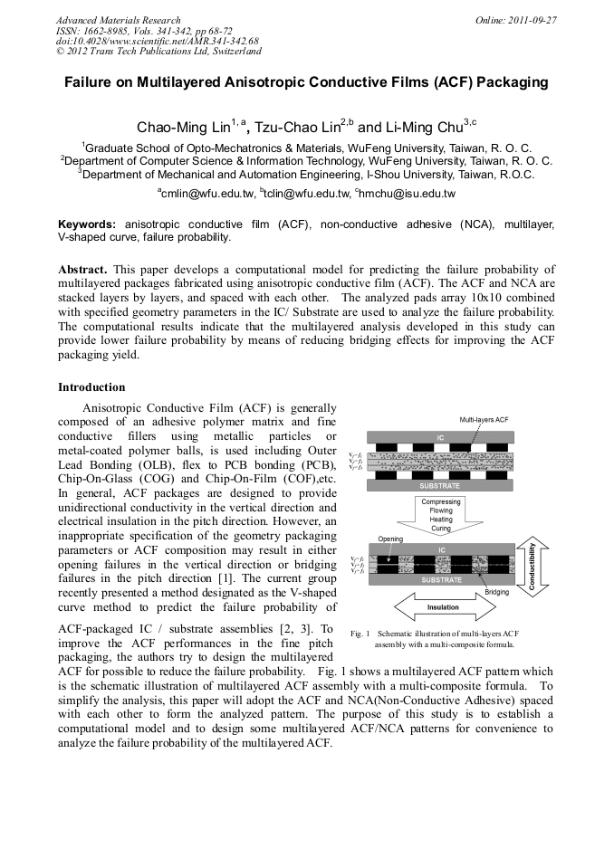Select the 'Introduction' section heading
tap(91, 387)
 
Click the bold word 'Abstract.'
tap(83, 271)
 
